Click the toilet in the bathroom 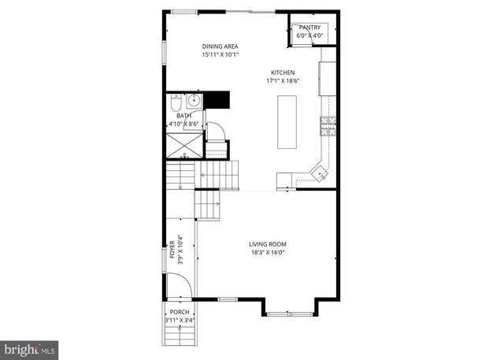point(175,103)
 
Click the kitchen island point(287,122)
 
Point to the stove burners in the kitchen point(327,124)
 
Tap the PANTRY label point(311,28)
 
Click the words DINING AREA point(220,46)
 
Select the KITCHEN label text point(283,72)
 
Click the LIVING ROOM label point(267,244)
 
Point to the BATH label point(183,116)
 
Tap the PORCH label point(180,312)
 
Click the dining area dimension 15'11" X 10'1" point(220,55)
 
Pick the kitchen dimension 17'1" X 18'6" point(283,81)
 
